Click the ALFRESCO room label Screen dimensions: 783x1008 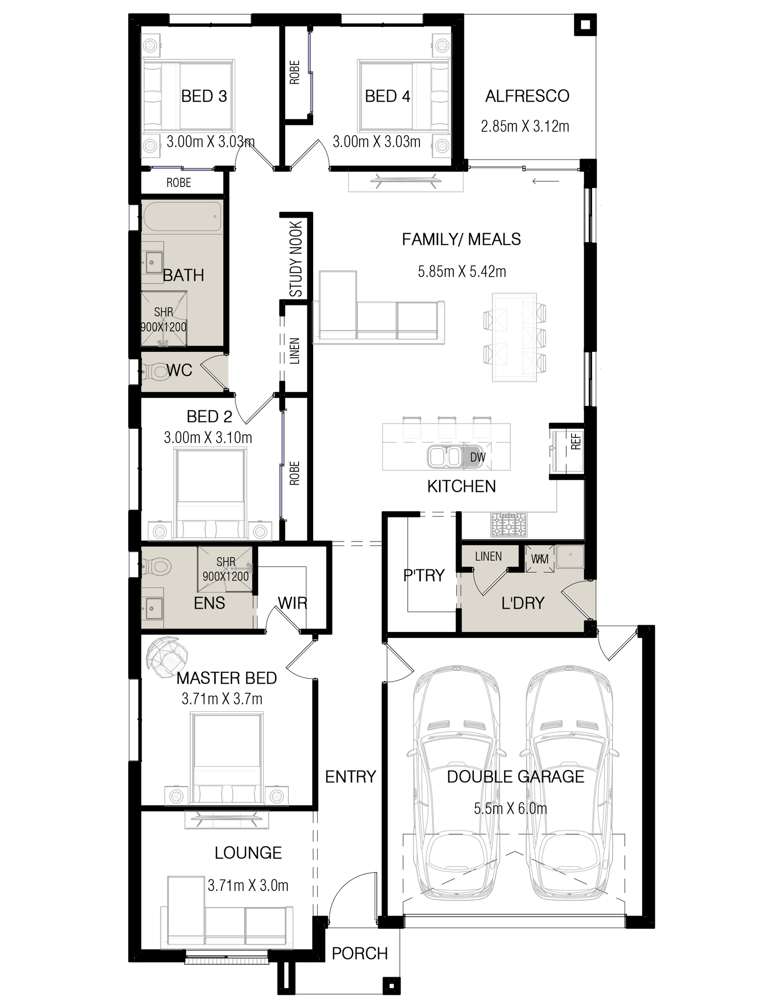coord(527,96)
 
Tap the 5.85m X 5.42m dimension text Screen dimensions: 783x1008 coord(461,271)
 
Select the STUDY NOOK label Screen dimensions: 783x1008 coord(296,259)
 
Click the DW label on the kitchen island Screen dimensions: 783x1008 coord(478,457)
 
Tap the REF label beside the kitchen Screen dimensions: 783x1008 coord(576,441)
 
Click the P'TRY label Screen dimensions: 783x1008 coord(424,575)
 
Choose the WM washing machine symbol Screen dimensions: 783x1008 coord(540,559)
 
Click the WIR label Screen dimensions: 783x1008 coord(292,603)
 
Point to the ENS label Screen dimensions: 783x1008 coord(209,603)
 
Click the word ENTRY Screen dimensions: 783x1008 coord(350,776)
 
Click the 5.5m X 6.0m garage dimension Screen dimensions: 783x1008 coord(510,808)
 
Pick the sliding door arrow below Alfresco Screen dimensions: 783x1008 coord(546,182)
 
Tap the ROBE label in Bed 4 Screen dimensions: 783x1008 coord(295,72)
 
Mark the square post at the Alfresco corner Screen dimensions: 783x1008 coord(584,25)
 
